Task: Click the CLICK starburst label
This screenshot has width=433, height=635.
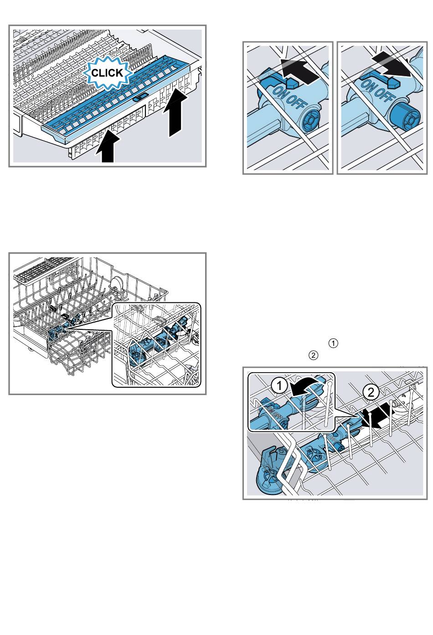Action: [x=107, y=73]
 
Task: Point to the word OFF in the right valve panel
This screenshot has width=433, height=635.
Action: [x=384, y=96]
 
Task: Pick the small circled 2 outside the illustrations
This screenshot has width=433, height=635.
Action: [x=313, y=355]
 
